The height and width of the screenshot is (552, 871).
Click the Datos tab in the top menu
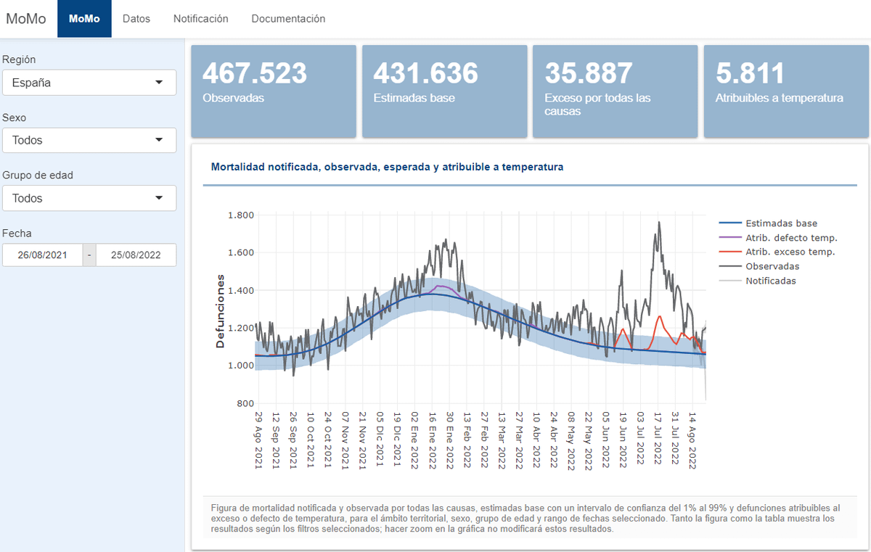point(136,19)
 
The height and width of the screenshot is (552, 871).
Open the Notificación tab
point(200,19)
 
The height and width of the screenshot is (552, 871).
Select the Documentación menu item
point(288,19)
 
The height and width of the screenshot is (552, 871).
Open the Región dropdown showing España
point(89,83)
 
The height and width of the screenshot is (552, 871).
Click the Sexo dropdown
point(89,140)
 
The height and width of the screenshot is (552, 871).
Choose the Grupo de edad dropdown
point(89,198)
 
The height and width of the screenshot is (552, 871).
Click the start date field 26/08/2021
point(42,255)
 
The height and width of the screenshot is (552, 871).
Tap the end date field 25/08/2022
point(136,255)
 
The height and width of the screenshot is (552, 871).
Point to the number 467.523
point(255,73)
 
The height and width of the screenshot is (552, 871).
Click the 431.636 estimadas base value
point(425,73)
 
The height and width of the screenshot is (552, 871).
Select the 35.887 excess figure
point(589,73)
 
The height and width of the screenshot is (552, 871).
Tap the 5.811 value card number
point(750,73)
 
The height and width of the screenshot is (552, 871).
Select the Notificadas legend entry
point(770,281)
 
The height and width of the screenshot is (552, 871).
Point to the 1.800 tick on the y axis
point(240,215)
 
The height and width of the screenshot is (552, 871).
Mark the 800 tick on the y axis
point(245,403)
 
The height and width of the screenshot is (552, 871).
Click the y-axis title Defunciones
point(220,311)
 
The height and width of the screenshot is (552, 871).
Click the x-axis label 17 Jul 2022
point(658,440)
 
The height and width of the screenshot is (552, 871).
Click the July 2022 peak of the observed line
point(658,223)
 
